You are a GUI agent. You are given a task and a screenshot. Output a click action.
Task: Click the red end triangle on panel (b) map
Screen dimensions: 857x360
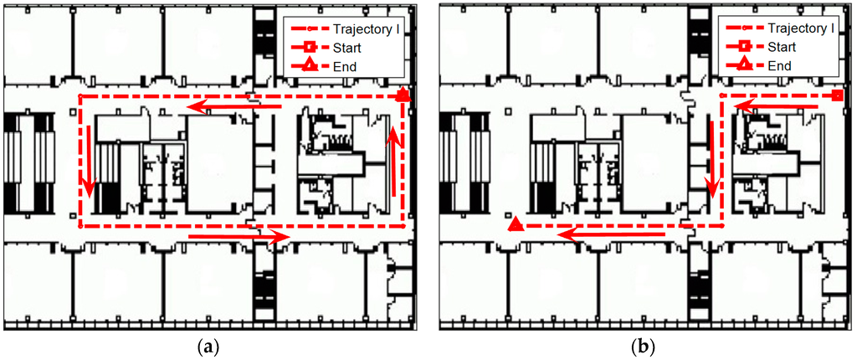(x=516, y=224)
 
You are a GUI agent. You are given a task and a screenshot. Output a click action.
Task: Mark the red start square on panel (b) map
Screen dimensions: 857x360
(x=837, y=97)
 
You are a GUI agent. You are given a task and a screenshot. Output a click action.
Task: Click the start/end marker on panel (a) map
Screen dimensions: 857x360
(x=403, y=95)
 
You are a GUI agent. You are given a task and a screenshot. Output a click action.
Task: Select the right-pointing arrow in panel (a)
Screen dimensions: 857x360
(x=239, y=239)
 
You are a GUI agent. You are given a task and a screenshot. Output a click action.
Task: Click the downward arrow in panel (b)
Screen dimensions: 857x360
(x=712, y=159)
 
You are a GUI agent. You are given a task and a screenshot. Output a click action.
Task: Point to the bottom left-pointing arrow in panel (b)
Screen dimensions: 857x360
(x=611, y=236)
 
